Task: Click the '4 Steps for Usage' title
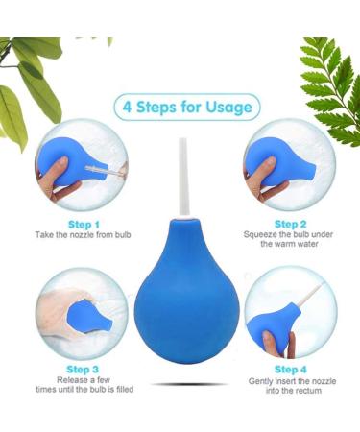(x=187, y=106)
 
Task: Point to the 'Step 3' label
(x=83, y=368)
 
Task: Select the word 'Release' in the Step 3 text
(x=65, y=378)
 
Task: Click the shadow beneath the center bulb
(x=180, y=385)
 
